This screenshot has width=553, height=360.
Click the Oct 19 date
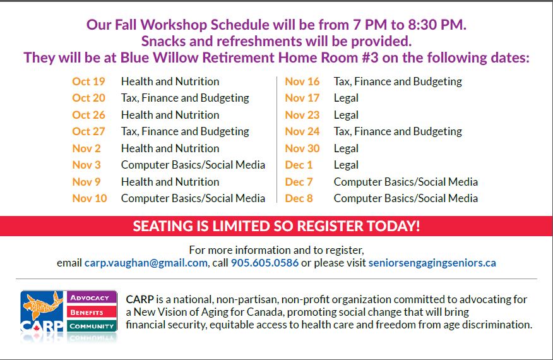coord(88,81)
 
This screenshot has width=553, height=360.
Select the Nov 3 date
coord(86,165)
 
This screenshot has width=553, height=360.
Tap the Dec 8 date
coord(299,198)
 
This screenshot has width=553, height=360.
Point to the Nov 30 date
coord(302,148)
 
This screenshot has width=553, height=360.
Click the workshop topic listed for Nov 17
coord(346,98)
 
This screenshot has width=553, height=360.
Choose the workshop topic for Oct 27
coord(185,131)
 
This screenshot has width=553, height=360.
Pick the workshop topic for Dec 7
coord(405,182)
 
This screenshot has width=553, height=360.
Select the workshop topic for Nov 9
coord(170,182)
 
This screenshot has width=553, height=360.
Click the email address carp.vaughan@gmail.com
coord(146,263)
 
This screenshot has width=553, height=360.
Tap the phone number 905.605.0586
coord(265,263)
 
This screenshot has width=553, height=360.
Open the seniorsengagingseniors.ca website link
coord(432,263)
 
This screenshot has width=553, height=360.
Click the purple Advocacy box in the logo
coord(92,297)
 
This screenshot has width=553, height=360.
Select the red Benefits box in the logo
coord(92,312)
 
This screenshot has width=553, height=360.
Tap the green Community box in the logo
coord(92,326)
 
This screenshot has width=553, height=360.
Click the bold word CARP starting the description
coord(140,299)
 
